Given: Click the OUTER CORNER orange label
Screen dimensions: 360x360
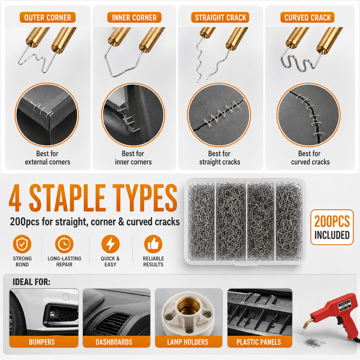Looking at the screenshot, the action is pos(48,18).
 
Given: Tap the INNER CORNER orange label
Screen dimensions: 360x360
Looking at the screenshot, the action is pos(134,18).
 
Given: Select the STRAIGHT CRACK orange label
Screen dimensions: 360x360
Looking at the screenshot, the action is pos(220,18).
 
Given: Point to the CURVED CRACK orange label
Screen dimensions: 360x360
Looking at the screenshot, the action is pos(307,18).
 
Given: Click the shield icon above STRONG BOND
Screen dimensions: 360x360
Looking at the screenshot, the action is pos(22,244).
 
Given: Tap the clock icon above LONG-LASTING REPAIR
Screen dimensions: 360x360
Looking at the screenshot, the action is pos(64,244).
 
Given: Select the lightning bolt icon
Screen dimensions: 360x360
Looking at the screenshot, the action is pos(111,244).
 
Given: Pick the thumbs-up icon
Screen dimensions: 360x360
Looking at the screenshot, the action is pos(153,244).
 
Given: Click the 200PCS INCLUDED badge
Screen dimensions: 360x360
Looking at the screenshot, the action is pos(332,227).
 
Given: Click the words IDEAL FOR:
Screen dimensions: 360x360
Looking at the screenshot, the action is pos(31,282).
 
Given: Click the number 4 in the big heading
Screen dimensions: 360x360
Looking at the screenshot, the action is pos(15,198).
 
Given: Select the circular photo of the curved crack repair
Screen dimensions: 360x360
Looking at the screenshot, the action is pos(308,115).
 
